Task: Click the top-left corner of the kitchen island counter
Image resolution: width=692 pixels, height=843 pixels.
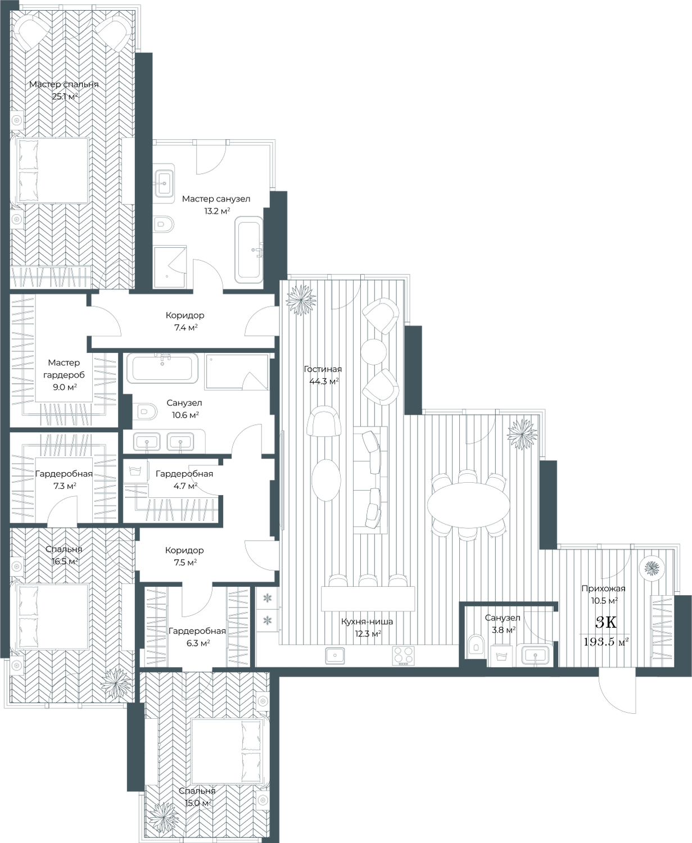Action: [x=321, y=586]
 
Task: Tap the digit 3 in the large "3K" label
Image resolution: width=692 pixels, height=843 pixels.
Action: [x=600, y=622]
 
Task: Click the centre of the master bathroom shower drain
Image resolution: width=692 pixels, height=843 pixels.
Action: [x=167, y=276]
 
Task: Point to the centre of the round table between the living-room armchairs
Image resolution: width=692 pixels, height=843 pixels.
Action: [x=373, y=351]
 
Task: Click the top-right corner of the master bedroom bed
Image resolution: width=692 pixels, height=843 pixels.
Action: [x=88, y=138]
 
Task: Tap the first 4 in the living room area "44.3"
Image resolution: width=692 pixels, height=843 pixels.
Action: [x=312, y=382]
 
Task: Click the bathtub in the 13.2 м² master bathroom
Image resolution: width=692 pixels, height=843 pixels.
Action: [x=249, y=250]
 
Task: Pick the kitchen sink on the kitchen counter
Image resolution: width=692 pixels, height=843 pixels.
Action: [x=334, y=655]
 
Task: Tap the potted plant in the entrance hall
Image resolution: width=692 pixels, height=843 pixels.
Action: [x=652, y=568]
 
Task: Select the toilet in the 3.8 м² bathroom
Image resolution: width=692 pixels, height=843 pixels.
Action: [x=476, y=644]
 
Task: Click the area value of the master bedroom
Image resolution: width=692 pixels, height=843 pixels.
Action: [x=64, y=96]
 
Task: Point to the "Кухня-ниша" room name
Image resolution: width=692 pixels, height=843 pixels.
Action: [x=367, y=622]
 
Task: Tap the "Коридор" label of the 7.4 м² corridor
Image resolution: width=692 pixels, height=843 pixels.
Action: [x=185, y=315]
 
